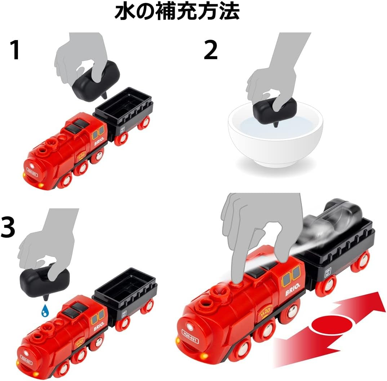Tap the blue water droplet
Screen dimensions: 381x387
click(x=44, y=311)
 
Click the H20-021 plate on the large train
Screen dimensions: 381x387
click(x=190, y=337)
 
